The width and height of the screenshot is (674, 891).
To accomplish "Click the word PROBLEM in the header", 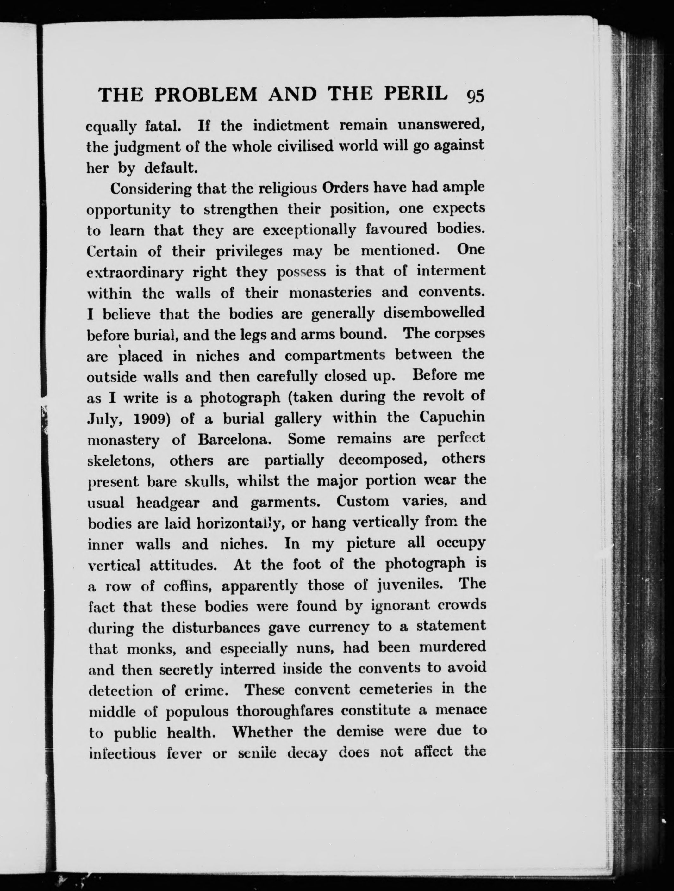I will [x=206, y=95].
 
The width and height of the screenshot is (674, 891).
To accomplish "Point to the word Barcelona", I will [x=233, y=439].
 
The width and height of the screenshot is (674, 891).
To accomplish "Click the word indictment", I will [x=290, y=126].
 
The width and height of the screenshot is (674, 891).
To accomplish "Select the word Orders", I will [x=347, y=188].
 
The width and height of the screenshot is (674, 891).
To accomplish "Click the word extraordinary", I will [x=134, y=273].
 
